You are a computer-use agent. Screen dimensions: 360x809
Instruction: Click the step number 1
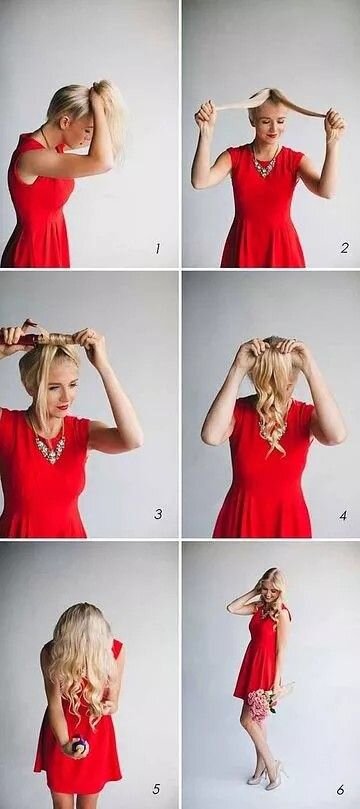click(x=157, y=249)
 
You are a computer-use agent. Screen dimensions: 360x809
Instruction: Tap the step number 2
click(x=345, y=248)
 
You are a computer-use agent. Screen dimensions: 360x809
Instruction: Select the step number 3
click(x=158, y=514)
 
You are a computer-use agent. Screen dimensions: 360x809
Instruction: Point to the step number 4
click(x=343, y=514)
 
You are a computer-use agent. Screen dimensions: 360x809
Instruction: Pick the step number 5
click(x=156, y=789)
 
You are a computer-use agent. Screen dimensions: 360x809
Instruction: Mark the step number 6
click(x=340, y=790)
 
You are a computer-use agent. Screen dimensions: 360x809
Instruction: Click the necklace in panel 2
click(x=265, y=163)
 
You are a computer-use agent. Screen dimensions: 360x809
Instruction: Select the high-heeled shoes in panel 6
click(x=268, y=775)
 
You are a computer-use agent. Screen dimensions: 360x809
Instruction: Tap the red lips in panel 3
click(x=62, y=407)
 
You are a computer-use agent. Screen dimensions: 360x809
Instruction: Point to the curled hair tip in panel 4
click(x=281, y=450)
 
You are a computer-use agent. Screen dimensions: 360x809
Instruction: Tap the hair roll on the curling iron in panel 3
click(x=58, y=339)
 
